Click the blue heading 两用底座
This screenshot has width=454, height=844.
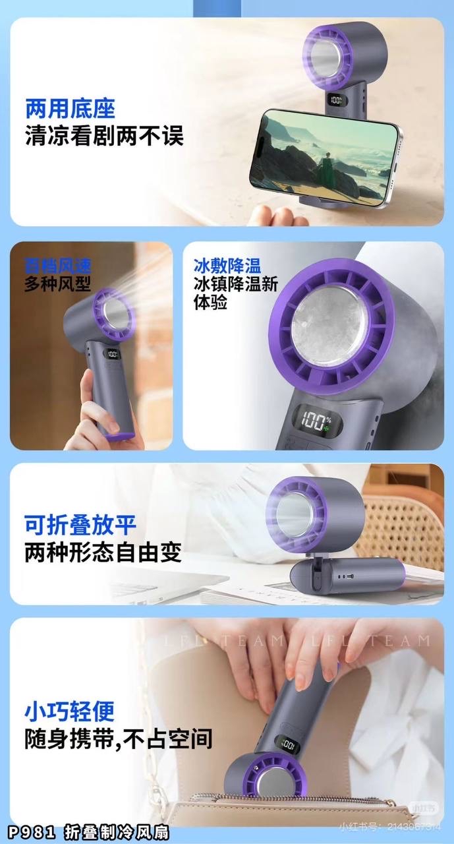[70, 107]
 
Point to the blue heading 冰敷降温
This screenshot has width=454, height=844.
[227, 266]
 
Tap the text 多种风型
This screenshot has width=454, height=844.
[57, 284]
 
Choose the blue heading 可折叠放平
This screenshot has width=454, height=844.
[80, 526]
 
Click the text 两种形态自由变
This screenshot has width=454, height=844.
[103, 553]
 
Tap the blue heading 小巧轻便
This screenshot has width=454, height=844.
[70, 711]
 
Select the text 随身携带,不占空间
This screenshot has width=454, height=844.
[119, 738]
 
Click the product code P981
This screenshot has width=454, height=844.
[33, 831]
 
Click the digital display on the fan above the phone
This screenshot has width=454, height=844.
[336, 102]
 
